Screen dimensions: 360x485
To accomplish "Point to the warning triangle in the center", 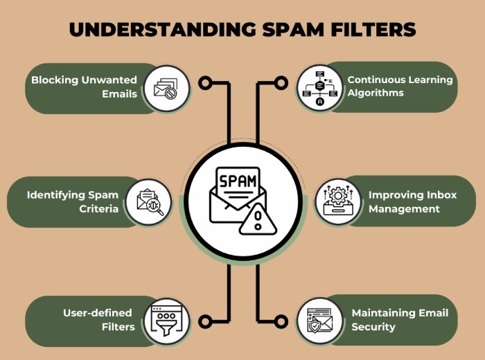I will pyautogui.click(x=257, y=221).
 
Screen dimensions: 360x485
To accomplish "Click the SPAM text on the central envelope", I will pyautogui.click(x=238, y=182).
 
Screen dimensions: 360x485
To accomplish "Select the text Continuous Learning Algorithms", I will pyautogui.click(x=400, y=87).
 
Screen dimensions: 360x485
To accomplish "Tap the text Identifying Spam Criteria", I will pyautogui.click(x=72, y=201).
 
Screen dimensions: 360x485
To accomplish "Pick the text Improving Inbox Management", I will pyautogui.click(x=412, y=201).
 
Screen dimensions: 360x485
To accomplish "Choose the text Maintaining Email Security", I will pyautogui.click(x=399, y=320).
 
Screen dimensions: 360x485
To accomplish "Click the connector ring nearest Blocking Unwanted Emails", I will pyautogui.click(x=204, y=83).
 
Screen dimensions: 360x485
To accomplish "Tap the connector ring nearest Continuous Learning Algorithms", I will pyautogui.click(x=281, y=83).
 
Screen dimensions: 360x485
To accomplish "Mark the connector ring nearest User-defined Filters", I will pyautogui.click(x=204, y=321).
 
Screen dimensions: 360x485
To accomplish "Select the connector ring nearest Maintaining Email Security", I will pyautogui.click(x=281, y=321).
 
